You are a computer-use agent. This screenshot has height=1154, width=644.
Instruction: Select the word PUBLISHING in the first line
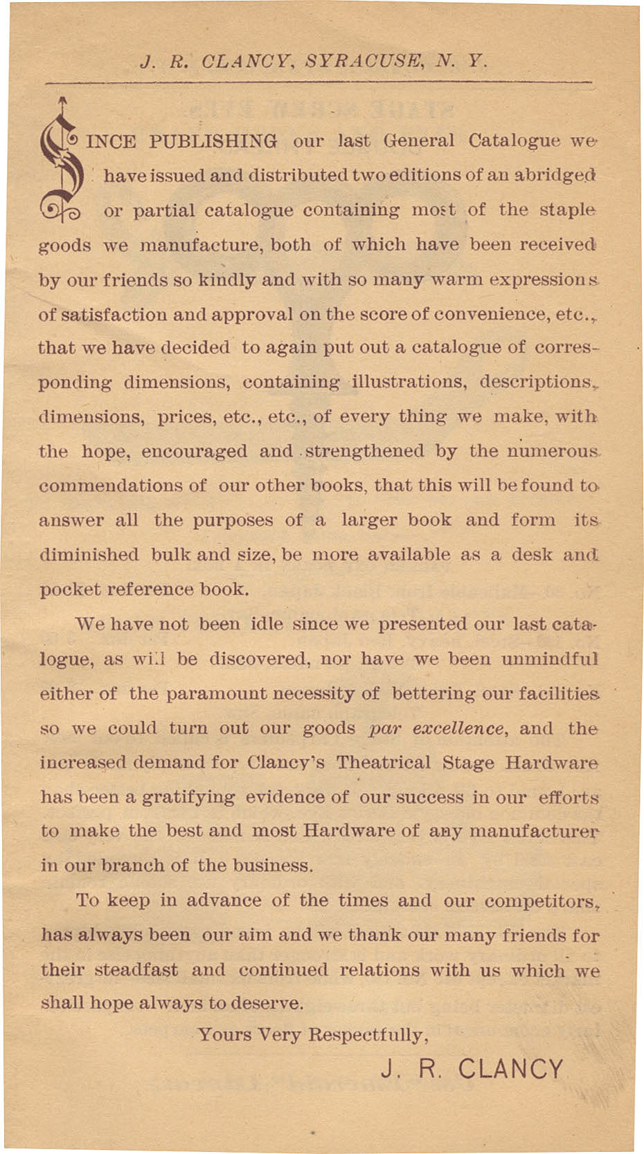click(x=213, y=142)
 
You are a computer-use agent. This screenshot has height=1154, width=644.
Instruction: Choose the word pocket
click(x=70, y=589)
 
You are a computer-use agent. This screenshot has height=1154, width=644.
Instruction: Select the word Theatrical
click(x=384, y=763)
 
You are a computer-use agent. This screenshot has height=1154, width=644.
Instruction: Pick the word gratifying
click(x=188, y=798)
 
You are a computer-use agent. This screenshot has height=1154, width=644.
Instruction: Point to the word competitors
click(x=541, y=901)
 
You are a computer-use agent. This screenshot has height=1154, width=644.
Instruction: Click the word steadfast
click(x=136, y=970)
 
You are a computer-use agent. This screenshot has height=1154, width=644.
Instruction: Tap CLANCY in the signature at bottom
click(x=511, y=1069)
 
